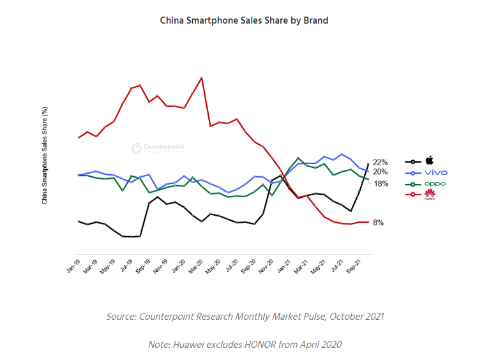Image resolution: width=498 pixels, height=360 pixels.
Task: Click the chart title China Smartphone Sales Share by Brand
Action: pyautogui.click(x=244, y=20)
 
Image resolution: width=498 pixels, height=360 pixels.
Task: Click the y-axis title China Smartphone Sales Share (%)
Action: pyautogui.click(x=45, y=155)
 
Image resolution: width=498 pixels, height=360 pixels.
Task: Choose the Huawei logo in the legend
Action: pyautogui.click(x=430, y=194)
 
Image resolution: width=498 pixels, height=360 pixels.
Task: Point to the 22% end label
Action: pyautogui.click(x=381, y=162)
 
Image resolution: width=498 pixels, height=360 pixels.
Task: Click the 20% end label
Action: pyautogui.click(x=381, y=172)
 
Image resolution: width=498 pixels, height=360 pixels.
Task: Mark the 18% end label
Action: pyautogui.click(x=381, y=184)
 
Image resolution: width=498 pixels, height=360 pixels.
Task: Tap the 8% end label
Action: pyautogui.click(x=378, y=223)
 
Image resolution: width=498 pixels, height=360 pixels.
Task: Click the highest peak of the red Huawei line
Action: pyautogui.click(x=202, y=78)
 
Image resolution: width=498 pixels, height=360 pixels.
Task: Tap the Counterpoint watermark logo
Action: pyautogui.click(x=137, y=147)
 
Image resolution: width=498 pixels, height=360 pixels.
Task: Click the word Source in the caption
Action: pyautogui.click(x=121, y=317)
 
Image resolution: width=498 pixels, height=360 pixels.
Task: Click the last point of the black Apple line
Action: pyautogui.click(x=368, y=165)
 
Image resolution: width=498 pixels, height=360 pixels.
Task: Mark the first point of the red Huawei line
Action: pyautogui.click(x=79, y=137)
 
